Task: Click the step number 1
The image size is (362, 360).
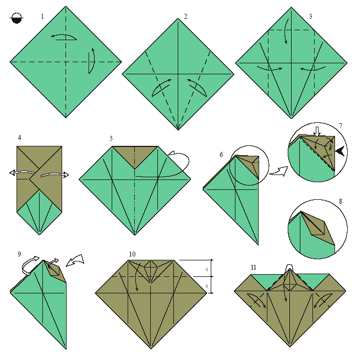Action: point(42,17)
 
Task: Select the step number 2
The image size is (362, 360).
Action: point(185,17)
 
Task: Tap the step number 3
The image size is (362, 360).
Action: point(310,17)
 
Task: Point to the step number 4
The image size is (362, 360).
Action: point(19,138)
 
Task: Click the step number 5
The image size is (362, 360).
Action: point(111,139)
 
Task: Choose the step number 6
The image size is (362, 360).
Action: point(221,155)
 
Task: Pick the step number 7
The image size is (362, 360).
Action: point(341,126)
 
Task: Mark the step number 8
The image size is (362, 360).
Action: point(341,201)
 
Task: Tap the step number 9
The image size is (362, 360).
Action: point(19,254)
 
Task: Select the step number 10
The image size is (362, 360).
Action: point(132,254)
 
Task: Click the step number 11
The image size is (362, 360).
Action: point(254,268)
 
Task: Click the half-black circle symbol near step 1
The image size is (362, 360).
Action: point(17,18)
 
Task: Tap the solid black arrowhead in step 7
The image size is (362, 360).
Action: point(340,151)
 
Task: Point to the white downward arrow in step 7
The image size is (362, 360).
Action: point(317,131)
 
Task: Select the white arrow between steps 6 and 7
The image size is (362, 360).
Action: point(279,171)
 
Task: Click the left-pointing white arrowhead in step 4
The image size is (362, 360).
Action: point(13,173)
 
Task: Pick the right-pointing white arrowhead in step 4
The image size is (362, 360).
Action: point(65,174)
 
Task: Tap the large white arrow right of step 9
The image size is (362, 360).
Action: point(75,260)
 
